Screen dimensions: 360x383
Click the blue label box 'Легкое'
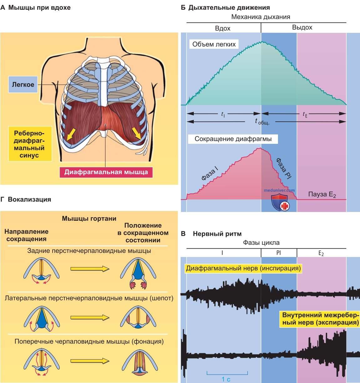click(x=23, y=84)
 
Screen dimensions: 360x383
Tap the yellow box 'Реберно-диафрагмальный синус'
click(x=30, y=144)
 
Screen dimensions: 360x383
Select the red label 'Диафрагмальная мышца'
click(x=106, y=172)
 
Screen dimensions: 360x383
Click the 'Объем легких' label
click(x=214, y=44)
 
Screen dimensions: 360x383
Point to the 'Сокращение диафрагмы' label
click(x=233, y=139)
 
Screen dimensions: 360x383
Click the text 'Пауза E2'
click(x=322, y=194)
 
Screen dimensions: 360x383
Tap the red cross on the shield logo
click(x=285, y=206)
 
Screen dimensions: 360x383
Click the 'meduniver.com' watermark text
click(x=279, y=190)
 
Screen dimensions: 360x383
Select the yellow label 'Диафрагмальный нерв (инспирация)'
click(x=243, y=268)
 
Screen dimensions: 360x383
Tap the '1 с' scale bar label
click(x=226, y=379)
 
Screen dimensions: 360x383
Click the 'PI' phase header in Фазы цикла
click(x=279, y=253)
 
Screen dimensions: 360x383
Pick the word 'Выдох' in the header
click(x=302, y=28)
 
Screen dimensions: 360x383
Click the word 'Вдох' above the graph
click(x=223, y=28)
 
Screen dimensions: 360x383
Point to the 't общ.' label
click(x=262, y=122)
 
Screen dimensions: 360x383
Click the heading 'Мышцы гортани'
click(x=89, y=219)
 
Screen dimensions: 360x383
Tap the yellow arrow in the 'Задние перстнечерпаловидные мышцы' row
click(x=90, y=269)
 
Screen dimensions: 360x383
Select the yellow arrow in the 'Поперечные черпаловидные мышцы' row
click(x=90, y=361)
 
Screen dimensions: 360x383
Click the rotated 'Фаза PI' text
click(x=284, y=168)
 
